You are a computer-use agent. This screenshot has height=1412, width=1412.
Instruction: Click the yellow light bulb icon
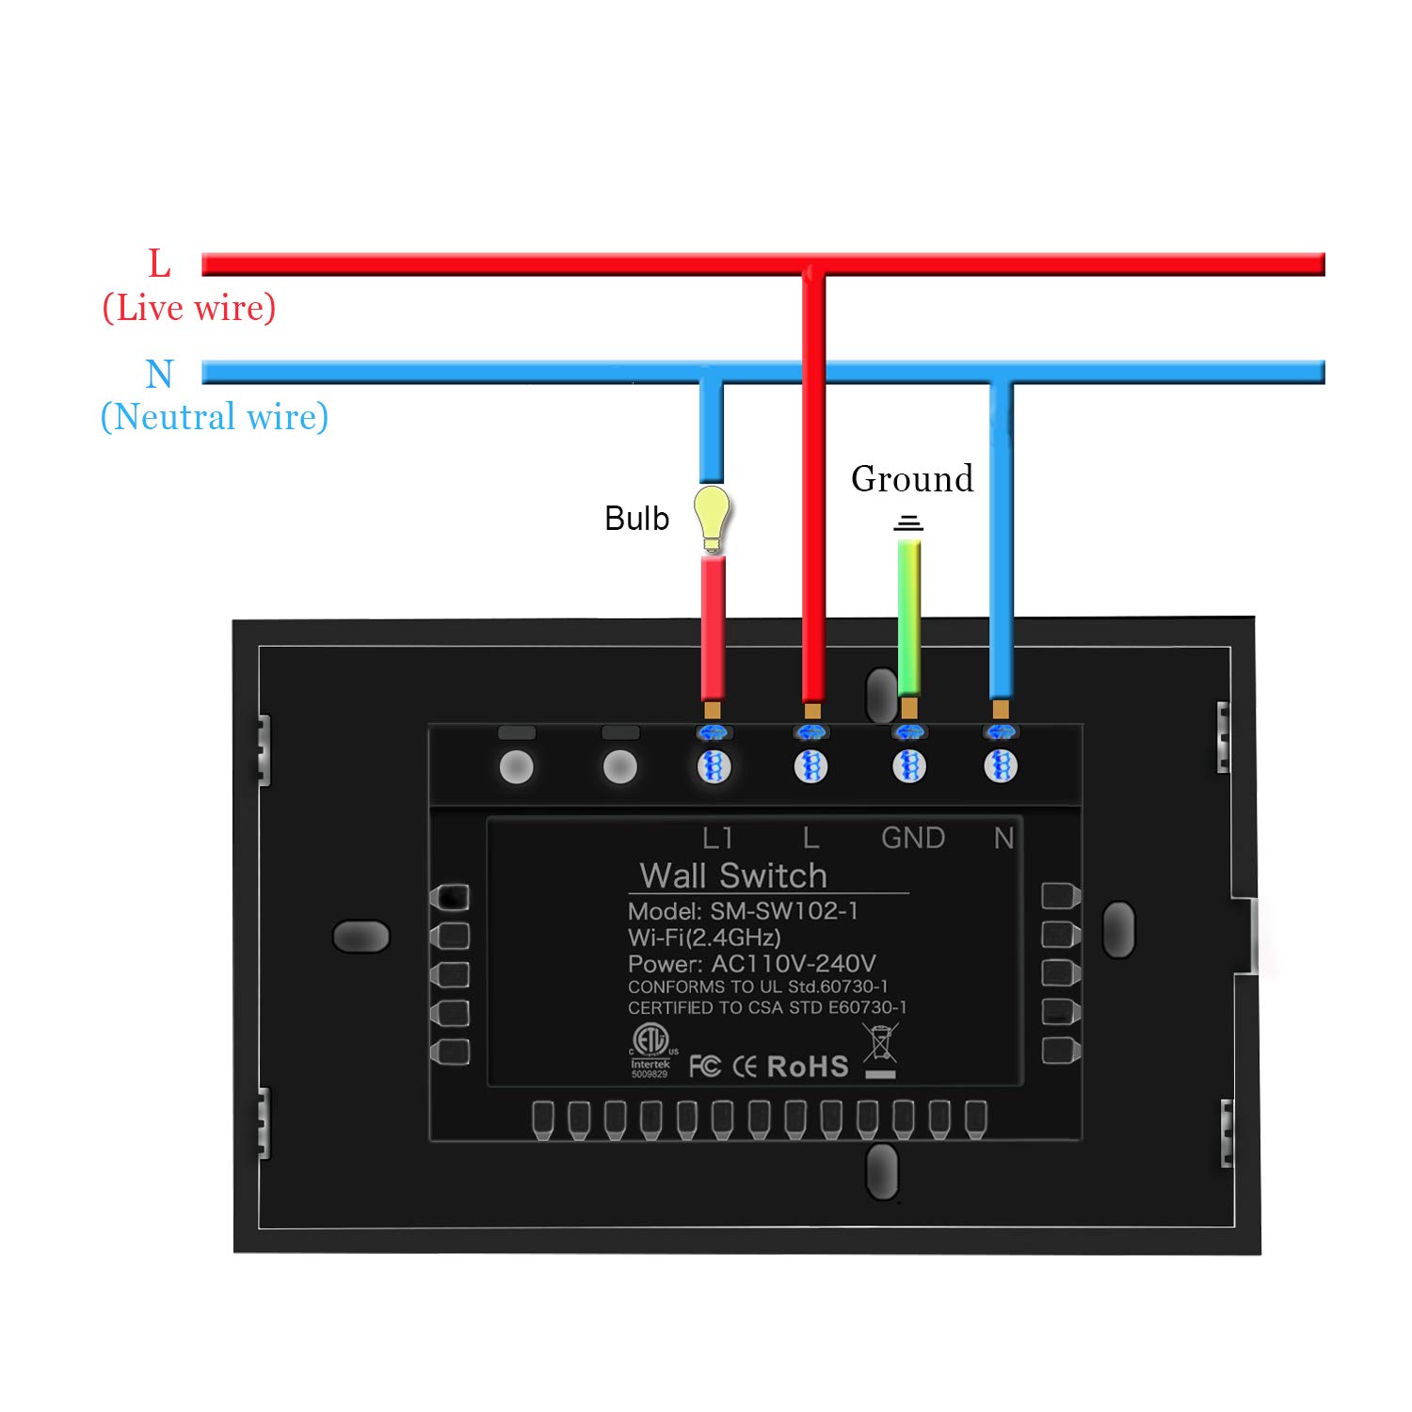point(712,516)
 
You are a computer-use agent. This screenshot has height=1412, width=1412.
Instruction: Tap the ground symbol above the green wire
point(908,522)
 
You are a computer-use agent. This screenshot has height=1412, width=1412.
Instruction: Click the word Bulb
point(636,519)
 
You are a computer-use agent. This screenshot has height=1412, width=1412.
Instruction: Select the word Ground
point(911,479)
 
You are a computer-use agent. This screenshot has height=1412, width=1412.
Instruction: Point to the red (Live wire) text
point(189,308)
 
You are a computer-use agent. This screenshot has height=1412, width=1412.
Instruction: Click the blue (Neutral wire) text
point(215,417)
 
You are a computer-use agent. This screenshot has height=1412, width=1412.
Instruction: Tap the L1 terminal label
point(717,838)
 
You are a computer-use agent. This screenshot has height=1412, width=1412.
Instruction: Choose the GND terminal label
point(912,838)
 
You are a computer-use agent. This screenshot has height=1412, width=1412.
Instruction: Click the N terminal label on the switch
point(1003,838)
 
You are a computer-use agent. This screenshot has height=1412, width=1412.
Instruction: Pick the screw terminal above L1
point(714,766)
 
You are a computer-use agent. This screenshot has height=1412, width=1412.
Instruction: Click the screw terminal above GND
point(908,766)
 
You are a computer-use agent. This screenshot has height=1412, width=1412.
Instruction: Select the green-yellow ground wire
point(908,617)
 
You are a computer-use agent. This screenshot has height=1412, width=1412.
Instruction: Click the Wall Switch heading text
point(733,875)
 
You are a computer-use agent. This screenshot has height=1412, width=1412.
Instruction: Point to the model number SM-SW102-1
point(783,911)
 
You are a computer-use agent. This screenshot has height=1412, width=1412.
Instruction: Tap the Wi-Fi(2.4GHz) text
point(704,938)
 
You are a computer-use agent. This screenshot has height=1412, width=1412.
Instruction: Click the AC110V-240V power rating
point(793,964)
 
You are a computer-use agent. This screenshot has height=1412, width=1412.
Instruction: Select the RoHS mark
point(808,1067)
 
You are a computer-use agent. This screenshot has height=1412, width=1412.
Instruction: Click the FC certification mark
point(705,1067)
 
